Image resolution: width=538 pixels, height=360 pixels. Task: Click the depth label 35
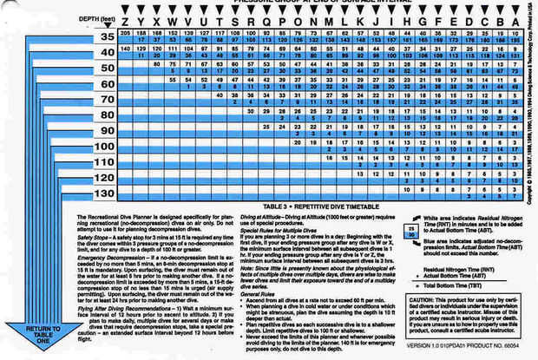[x=105, y=36]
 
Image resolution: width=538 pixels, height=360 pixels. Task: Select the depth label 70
[x=105, y=99]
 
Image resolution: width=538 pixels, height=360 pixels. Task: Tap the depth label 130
[x=105, y=192]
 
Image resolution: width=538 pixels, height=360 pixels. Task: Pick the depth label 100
[x=105, y=146]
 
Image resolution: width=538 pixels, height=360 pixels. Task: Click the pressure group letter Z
[x=128, y=20]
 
